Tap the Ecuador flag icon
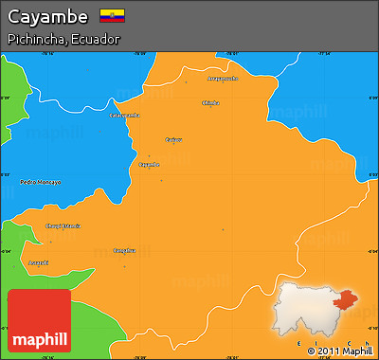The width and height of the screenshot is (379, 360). [x=112, y=17]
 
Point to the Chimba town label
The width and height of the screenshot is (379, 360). [x=210, y=102]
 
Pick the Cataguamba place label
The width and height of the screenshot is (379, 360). [x=125, y=116]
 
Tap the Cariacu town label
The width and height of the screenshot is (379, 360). [x=174, y=139]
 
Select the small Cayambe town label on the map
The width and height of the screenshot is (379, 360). [x=149, y=164]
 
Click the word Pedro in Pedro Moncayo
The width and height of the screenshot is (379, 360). [x=29, y=182]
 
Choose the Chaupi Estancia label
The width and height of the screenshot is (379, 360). [x=63, y=225]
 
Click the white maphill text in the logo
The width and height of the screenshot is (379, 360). [x=38, y=337]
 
